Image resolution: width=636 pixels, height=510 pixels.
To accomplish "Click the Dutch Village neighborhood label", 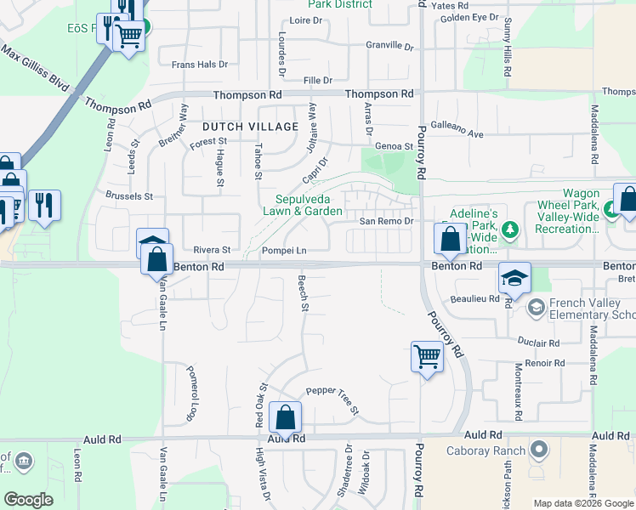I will [250, 127].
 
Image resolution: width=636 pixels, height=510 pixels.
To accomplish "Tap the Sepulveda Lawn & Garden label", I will [303, 205].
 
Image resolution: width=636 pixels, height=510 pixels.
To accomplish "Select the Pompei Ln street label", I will [283, 251].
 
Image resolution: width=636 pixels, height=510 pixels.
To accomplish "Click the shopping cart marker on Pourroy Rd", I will [427, 356].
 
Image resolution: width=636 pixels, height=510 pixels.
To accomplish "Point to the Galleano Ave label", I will [457, 133].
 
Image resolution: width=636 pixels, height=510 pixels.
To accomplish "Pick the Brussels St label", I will [129, 195].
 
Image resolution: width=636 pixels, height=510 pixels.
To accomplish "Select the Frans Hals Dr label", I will [200, 64].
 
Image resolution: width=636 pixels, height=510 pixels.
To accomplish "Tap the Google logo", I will [29, 500].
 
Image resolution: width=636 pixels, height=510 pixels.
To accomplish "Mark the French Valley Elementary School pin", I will [537, 306].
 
